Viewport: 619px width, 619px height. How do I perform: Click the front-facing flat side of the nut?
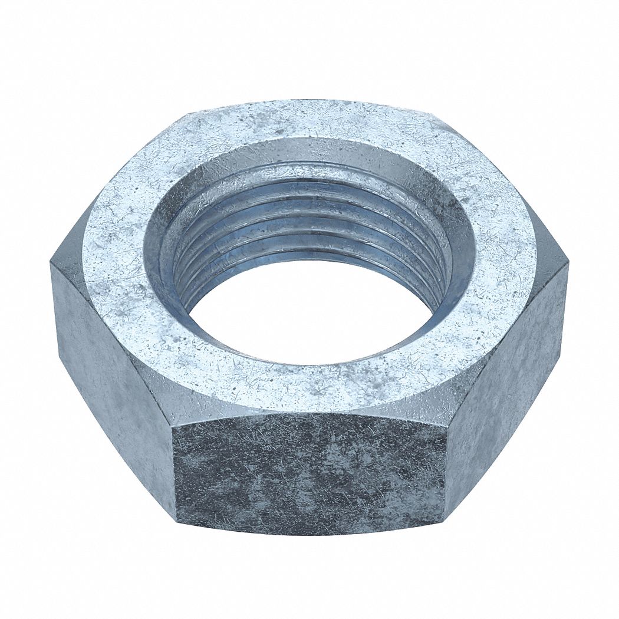[x=309, y=472]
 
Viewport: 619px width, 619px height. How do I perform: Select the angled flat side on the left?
[x=112, y=366]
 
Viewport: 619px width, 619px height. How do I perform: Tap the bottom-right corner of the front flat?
[x=443, y=522]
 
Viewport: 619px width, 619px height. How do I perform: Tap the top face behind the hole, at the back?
[x=309, y=121]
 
